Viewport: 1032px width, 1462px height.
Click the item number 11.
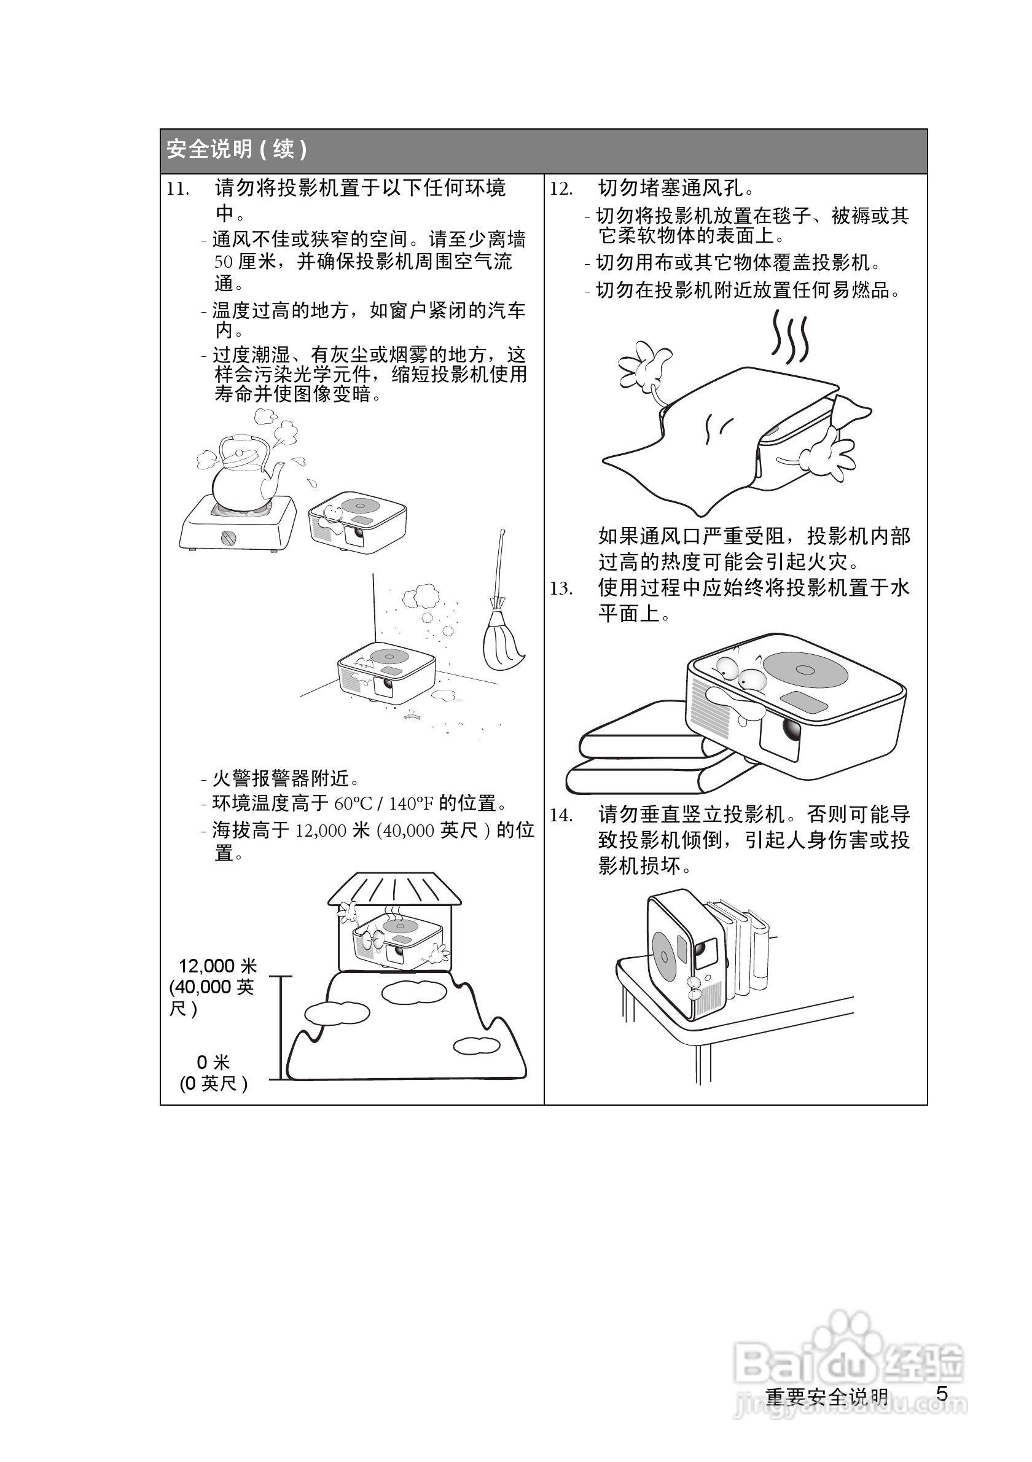coord(178,189)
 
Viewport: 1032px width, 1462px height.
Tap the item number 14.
coord(561,816)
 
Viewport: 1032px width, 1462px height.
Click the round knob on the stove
coord(229,538)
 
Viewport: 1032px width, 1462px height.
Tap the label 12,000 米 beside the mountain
coord(217,966)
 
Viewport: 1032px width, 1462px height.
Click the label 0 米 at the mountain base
coord(213,1062)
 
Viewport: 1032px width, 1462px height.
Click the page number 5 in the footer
coord(942,1394)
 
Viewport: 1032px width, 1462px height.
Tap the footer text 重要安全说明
coord(826,1396)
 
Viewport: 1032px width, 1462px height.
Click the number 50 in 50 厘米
coord(223,262)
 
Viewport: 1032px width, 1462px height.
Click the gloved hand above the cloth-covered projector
coord(644,366)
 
